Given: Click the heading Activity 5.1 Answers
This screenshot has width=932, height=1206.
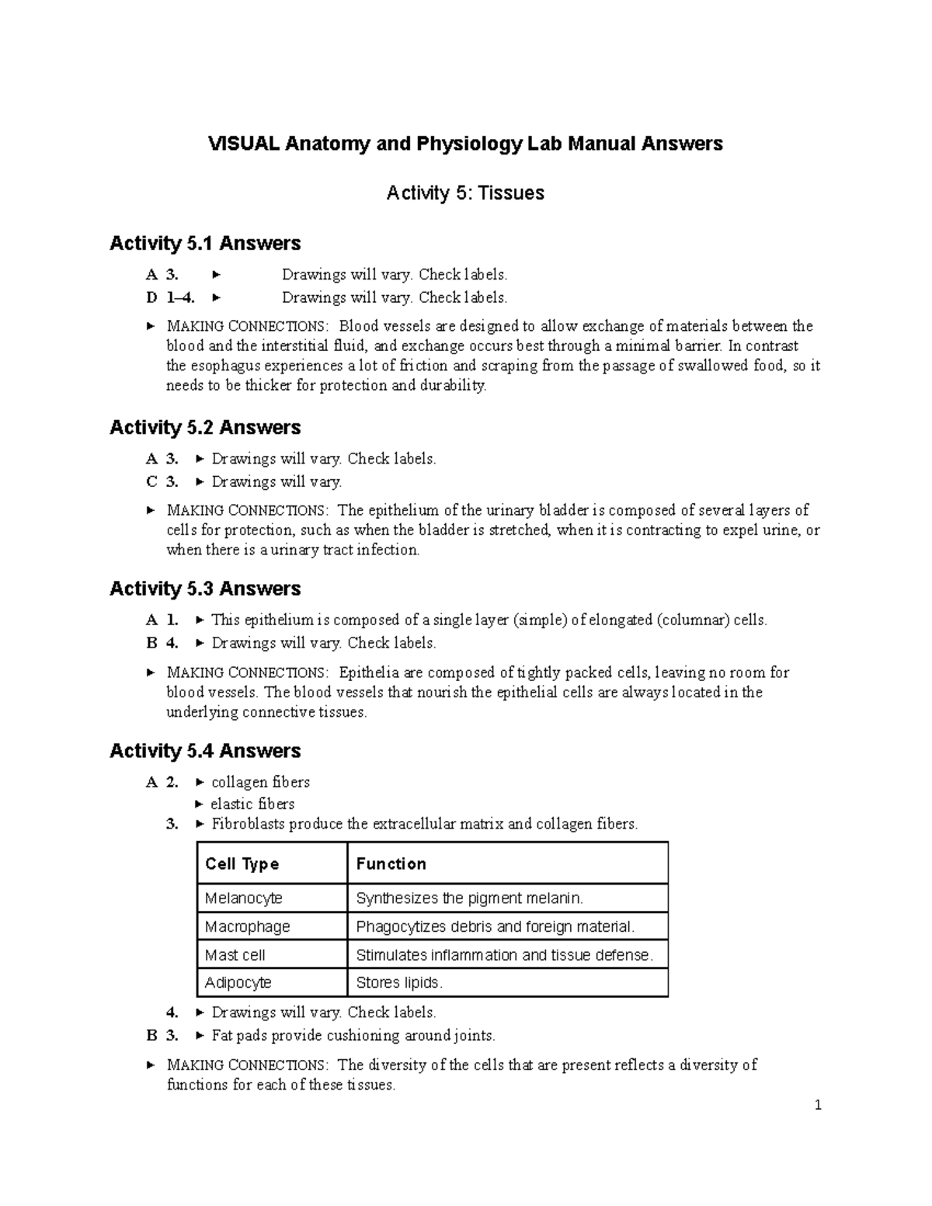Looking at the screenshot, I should [x=205, y=244].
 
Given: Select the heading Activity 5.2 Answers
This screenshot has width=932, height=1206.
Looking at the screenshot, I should [x=205, y=428].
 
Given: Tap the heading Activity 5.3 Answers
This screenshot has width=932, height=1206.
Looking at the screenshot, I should [x=205, y=589].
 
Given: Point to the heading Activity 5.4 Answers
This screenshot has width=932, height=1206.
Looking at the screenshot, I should [x=205, y=751].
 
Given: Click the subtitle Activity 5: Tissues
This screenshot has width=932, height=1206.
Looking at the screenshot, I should [x=465, y=193].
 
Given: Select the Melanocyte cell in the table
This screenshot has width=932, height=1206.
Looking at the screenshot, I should [x=244, y=898].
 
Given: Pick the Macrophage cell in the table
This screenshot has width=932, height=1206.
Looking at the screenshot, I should [x=248, y=926].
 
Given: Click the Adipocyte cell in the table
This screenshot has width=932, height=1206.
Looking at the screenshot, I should [x=238, y=983].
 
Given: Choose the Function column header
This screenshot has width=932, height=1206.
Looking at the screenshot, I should [x=391, y=864].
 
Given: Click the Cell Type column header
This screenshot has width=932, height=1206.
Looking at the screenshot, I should [x=242, y=864].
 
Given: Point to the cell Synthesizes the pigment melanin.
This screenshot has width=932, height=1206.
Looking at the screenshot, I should [x=469, y=898].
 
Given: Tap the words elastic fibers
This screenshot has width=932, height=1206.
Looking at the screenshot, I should [x=252, y=804].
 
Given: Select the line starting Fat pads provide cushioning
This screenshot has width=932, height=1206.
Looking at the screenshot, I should [x=353, y=1035].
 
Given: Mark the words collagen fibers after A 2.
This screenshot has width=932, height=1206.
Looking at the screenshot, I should [x=260, y=782].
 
